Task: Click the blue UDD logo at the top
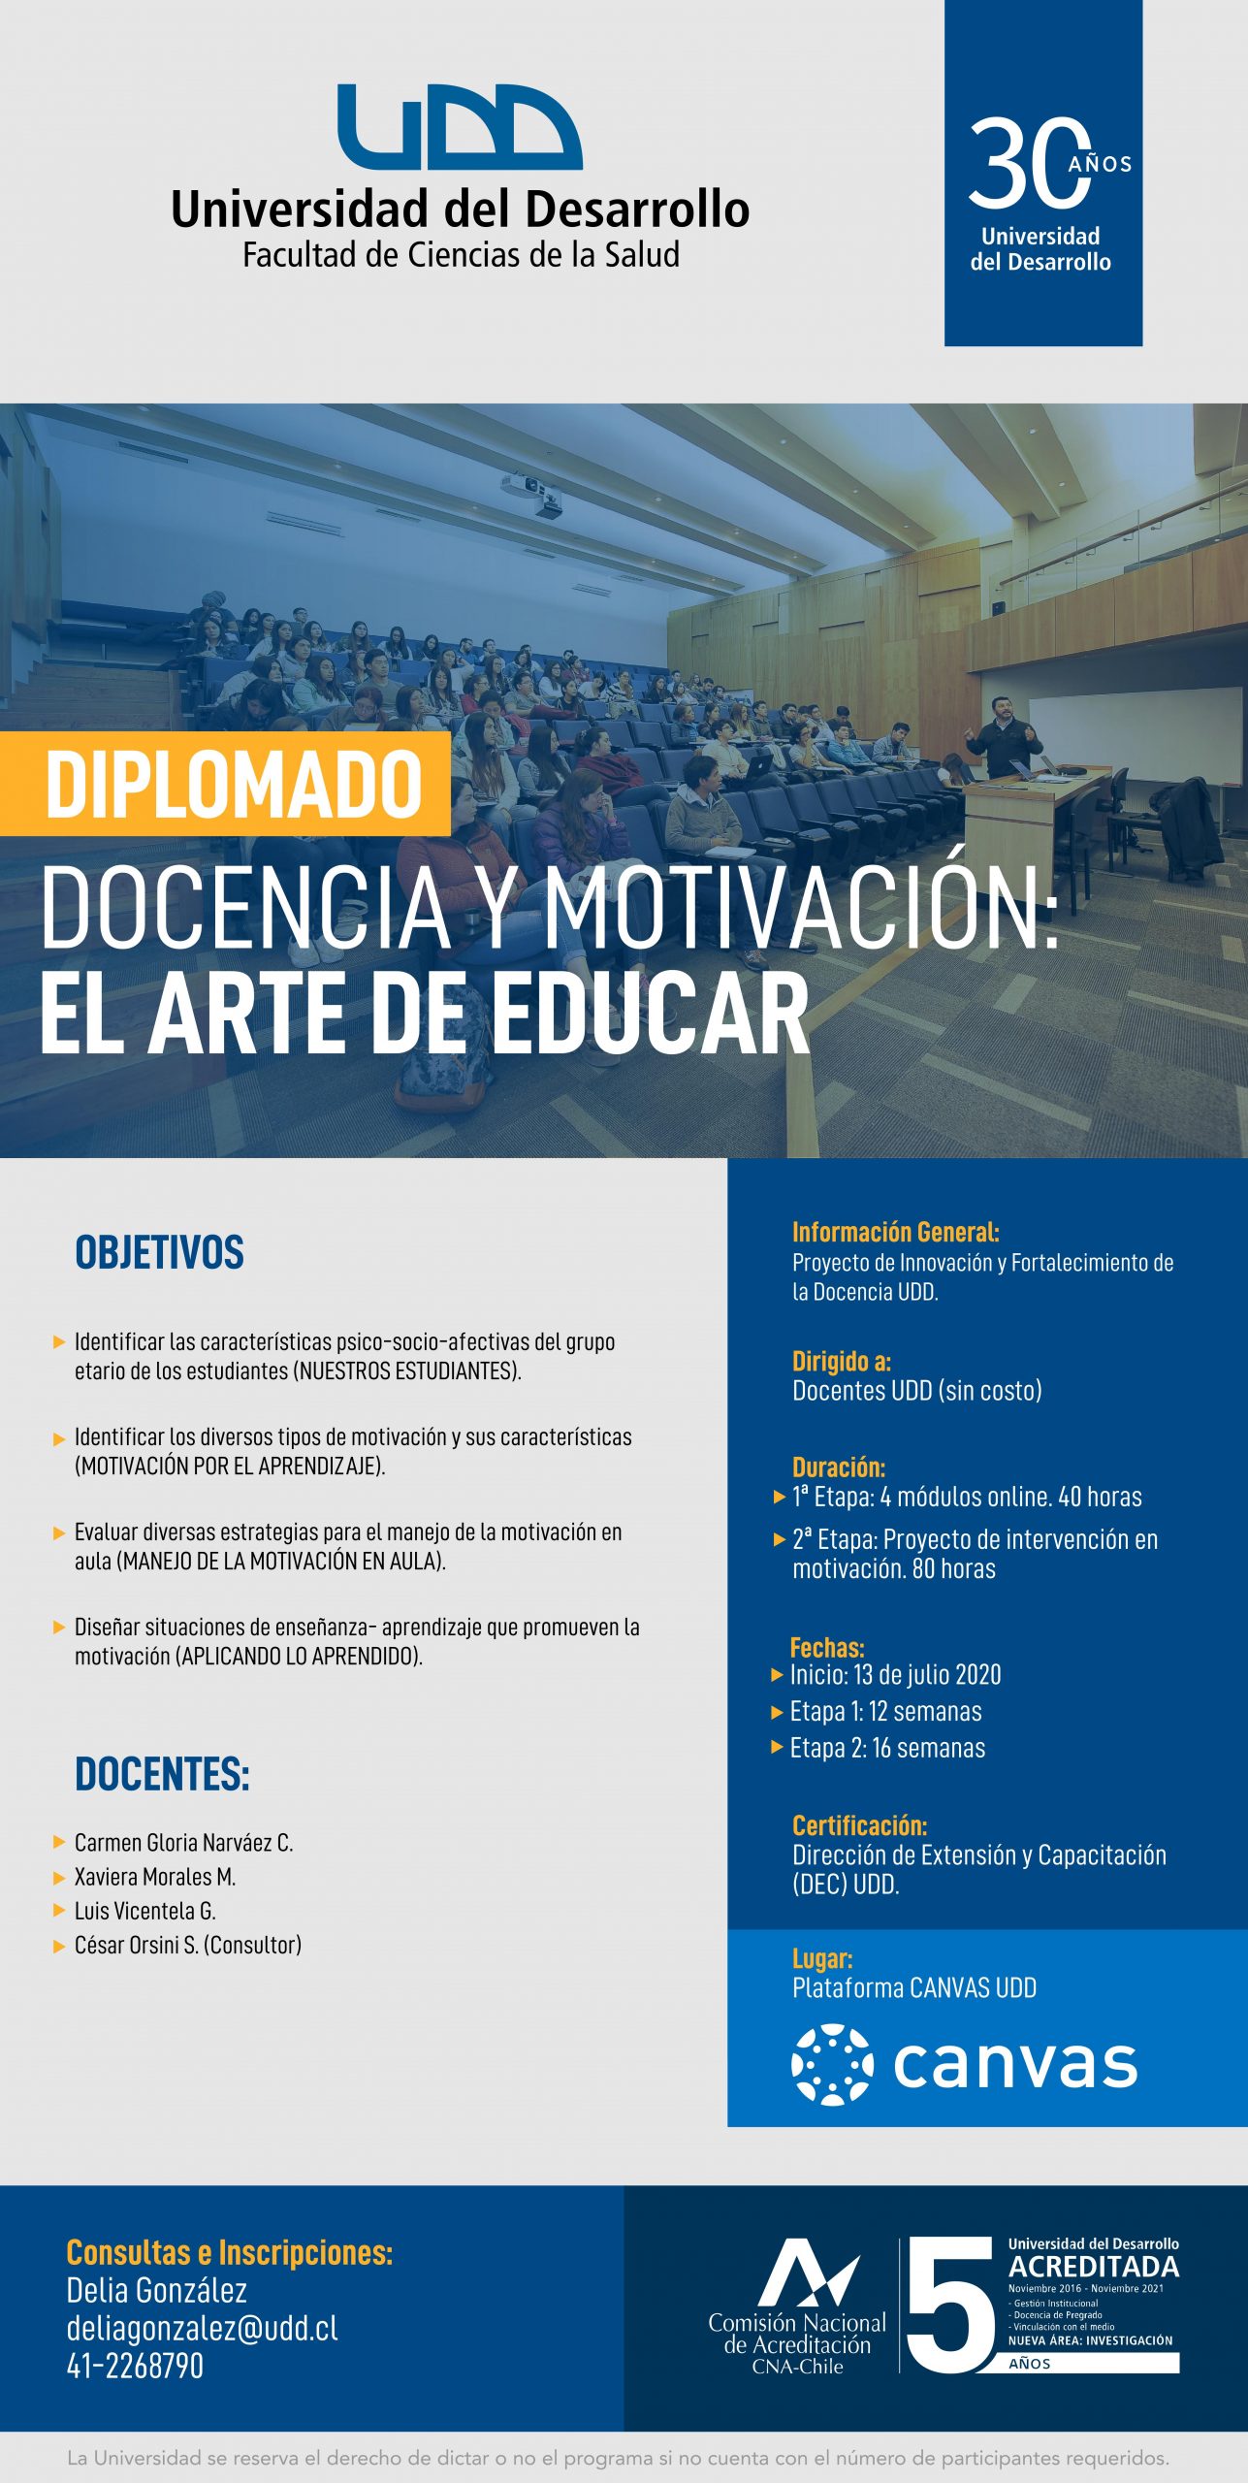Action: pyautogui.click(x=460, y=126)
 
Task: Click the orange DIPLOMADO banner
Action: pyautogui.click(x=225, y=784)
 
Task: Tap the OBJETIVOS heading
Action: pyautogui.click(x=160, y=1252)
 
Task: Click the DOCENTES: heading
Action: pyautogui.click(x=162, y=1774)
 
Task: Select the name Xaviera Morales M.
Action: pyautogui.click(x=155, y=1877)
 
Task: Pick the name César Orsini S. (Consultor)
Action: pyautogui.click(x=188, y=1945)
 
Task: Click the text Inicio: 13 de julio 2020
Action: pyautogui.click(x=895, y=1675)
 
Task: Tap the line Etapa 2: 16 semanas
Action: pyautogui.click(x=887, y=1748)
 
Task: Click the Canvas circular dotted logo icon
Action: pyautogui.click(x=832, y=2065)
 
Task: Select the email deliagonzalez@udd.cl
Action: pyautogui.click(x=202, y=2329)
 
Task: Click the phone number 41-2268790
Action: pyautogui.click(x=135, y=2367)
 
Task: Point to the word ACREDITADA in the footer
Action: pyautogui.click(x=1094, y=2267)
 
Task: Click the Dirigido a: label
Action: pyautogui.click(x=842, y=1361)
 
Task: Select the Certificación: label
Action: pyautogui.click(x=859, y=1825)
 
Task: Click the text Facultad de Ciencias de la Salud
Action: pyautogui.click(x=461, y=255)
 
